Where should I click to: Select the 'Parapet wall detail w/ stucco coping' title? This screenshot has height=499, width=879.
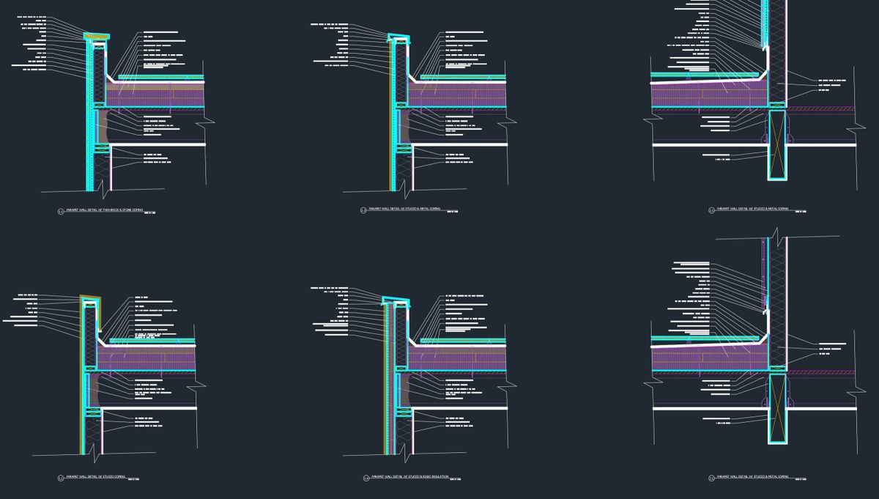(95, 476)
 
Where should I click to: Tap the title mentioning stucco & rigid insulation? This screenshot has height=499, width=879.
(405, 477)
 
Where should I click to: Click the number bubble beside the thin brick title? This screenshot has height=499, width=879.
(61, 211)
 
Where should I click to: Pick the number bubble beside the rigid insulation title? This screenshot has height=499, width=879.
(366, 478)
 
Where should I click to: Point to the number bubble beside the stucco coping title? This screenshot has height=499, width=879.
(61, 478)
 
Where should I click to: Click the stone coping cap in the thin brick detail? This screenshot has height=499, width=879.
(96, 35)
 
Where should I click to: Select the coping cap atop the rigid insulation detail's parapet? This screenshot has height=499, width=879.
(396, 299)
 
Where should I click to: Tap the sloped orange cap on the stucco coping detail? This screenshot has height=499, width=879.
(91, 298)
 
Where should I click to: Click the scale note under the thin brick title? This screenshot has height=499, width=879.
(150, 213)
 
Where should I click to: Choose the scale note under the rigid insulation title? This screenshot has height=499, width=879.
(453, 479)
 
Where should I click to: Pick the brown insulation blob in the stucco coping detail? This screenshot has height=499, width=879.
(96, 388)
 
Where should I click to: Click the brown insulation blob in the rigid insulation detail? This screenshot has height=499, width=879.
(404, 388)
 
